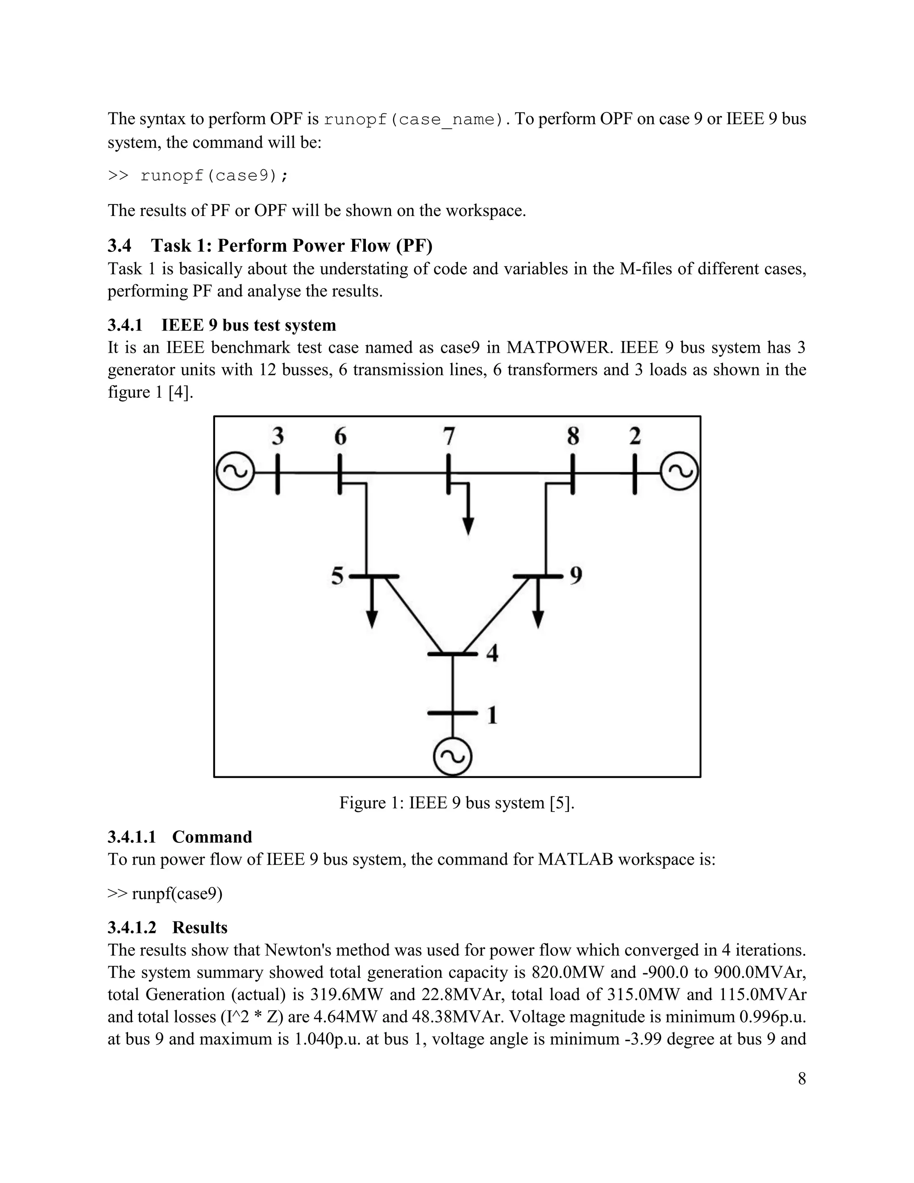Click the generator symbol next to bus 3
click(x=235, y=472)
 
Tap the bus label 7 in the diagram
click(x=449, y=436)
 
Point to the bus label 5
click(x=337, y=576)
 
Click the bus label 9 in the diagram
click(x=576, y=575)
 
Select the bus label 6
click(x=340, y=436)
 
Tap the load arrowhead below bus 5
click(x=371, y=619)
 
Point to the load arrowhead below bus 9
click(x=538, y=619)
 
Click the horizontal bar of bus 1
click(x=453, y=713)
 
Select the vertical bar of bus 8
click(x=572, y=474)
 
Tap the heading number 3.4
click(x=119, y=246)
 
